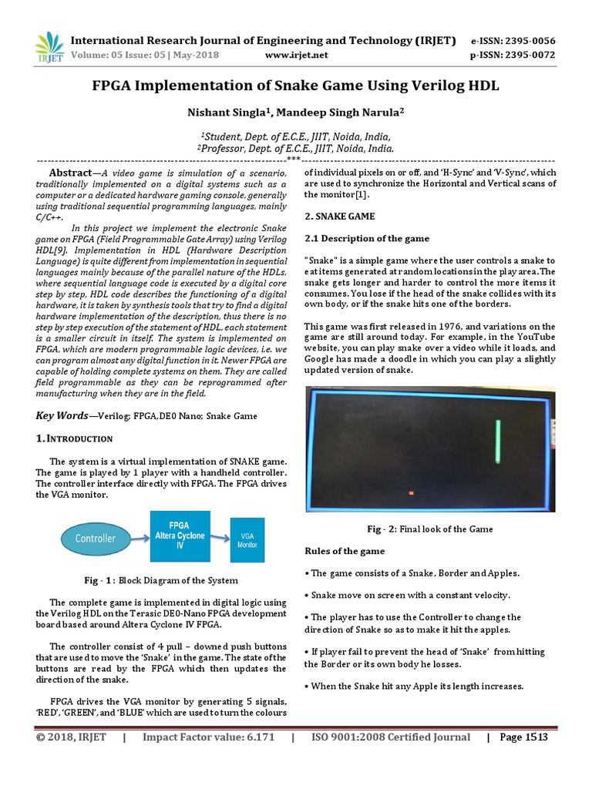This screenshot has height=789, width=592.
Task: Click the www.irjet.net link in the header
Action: coord(296,55)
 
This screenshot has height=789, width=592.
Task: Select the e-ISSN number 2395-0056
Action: coord(530,40)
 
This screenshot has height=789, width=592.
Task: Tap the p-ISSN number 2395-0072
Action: coord(530,55)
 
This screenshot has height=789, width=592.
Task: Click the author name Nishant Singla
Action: coord(224,112)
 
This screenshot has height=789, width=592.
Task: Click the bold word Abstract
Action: coord(70,173)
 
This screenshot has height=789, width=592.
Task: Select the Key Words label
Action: coord(62,415)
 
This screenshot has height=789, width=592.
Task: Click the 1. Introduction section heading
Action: coord(75,438)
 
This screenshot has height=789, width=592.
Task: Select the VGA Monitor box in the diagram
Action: coord(247,539)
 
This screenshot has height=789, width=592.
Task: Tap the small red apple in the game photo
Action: coord(411,493)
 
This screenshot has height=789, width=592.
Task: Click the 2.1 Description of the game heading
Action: coord(368,239)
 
